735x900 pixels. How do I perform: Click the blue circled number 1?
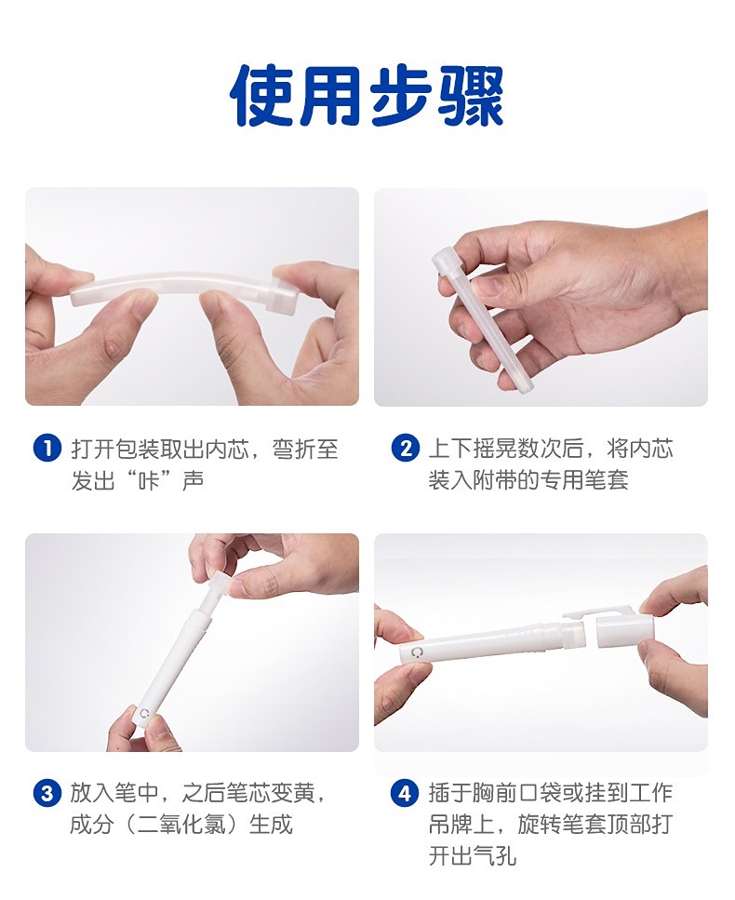pyautogui.click(x=47, y=449)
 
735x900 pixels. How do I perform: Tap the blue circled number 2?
pyautogui.click(x=405, y=449)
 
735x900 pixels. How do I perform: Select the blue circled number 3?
pyautogui.click(x=47, y=793)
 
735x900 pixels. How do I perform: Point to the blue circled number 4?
pyautogui.click(x=405, y=793)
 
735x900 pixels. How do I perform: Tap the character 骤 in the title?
pyautogui.click(x=471, y=95)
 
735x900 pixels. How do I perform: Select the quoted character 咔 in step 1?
pyautogui.click(x=149, y=480)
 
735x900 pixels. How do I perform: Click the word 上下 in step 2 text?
pyautogui.click(x=450, y=449)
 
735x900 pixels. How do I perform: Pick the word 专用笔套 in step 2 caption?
pyautogui.click(x=584, y=480)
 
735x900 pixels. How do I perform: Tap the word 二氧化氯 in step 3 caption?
pyautogui.click(x=180, y=825)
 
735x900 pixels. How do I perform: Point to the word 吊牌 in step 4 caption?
pyautogui.click(x=451, y=825)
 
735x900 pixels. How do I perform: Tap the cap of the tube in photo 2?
pyautogui.click(x=444, y=259)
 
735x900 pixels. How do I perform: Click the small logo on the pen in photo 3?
pyautogui.click(x=144, y=714)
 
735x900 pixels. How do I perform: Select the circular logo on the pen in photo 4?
pyautogui.click(x=414, y=653)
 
